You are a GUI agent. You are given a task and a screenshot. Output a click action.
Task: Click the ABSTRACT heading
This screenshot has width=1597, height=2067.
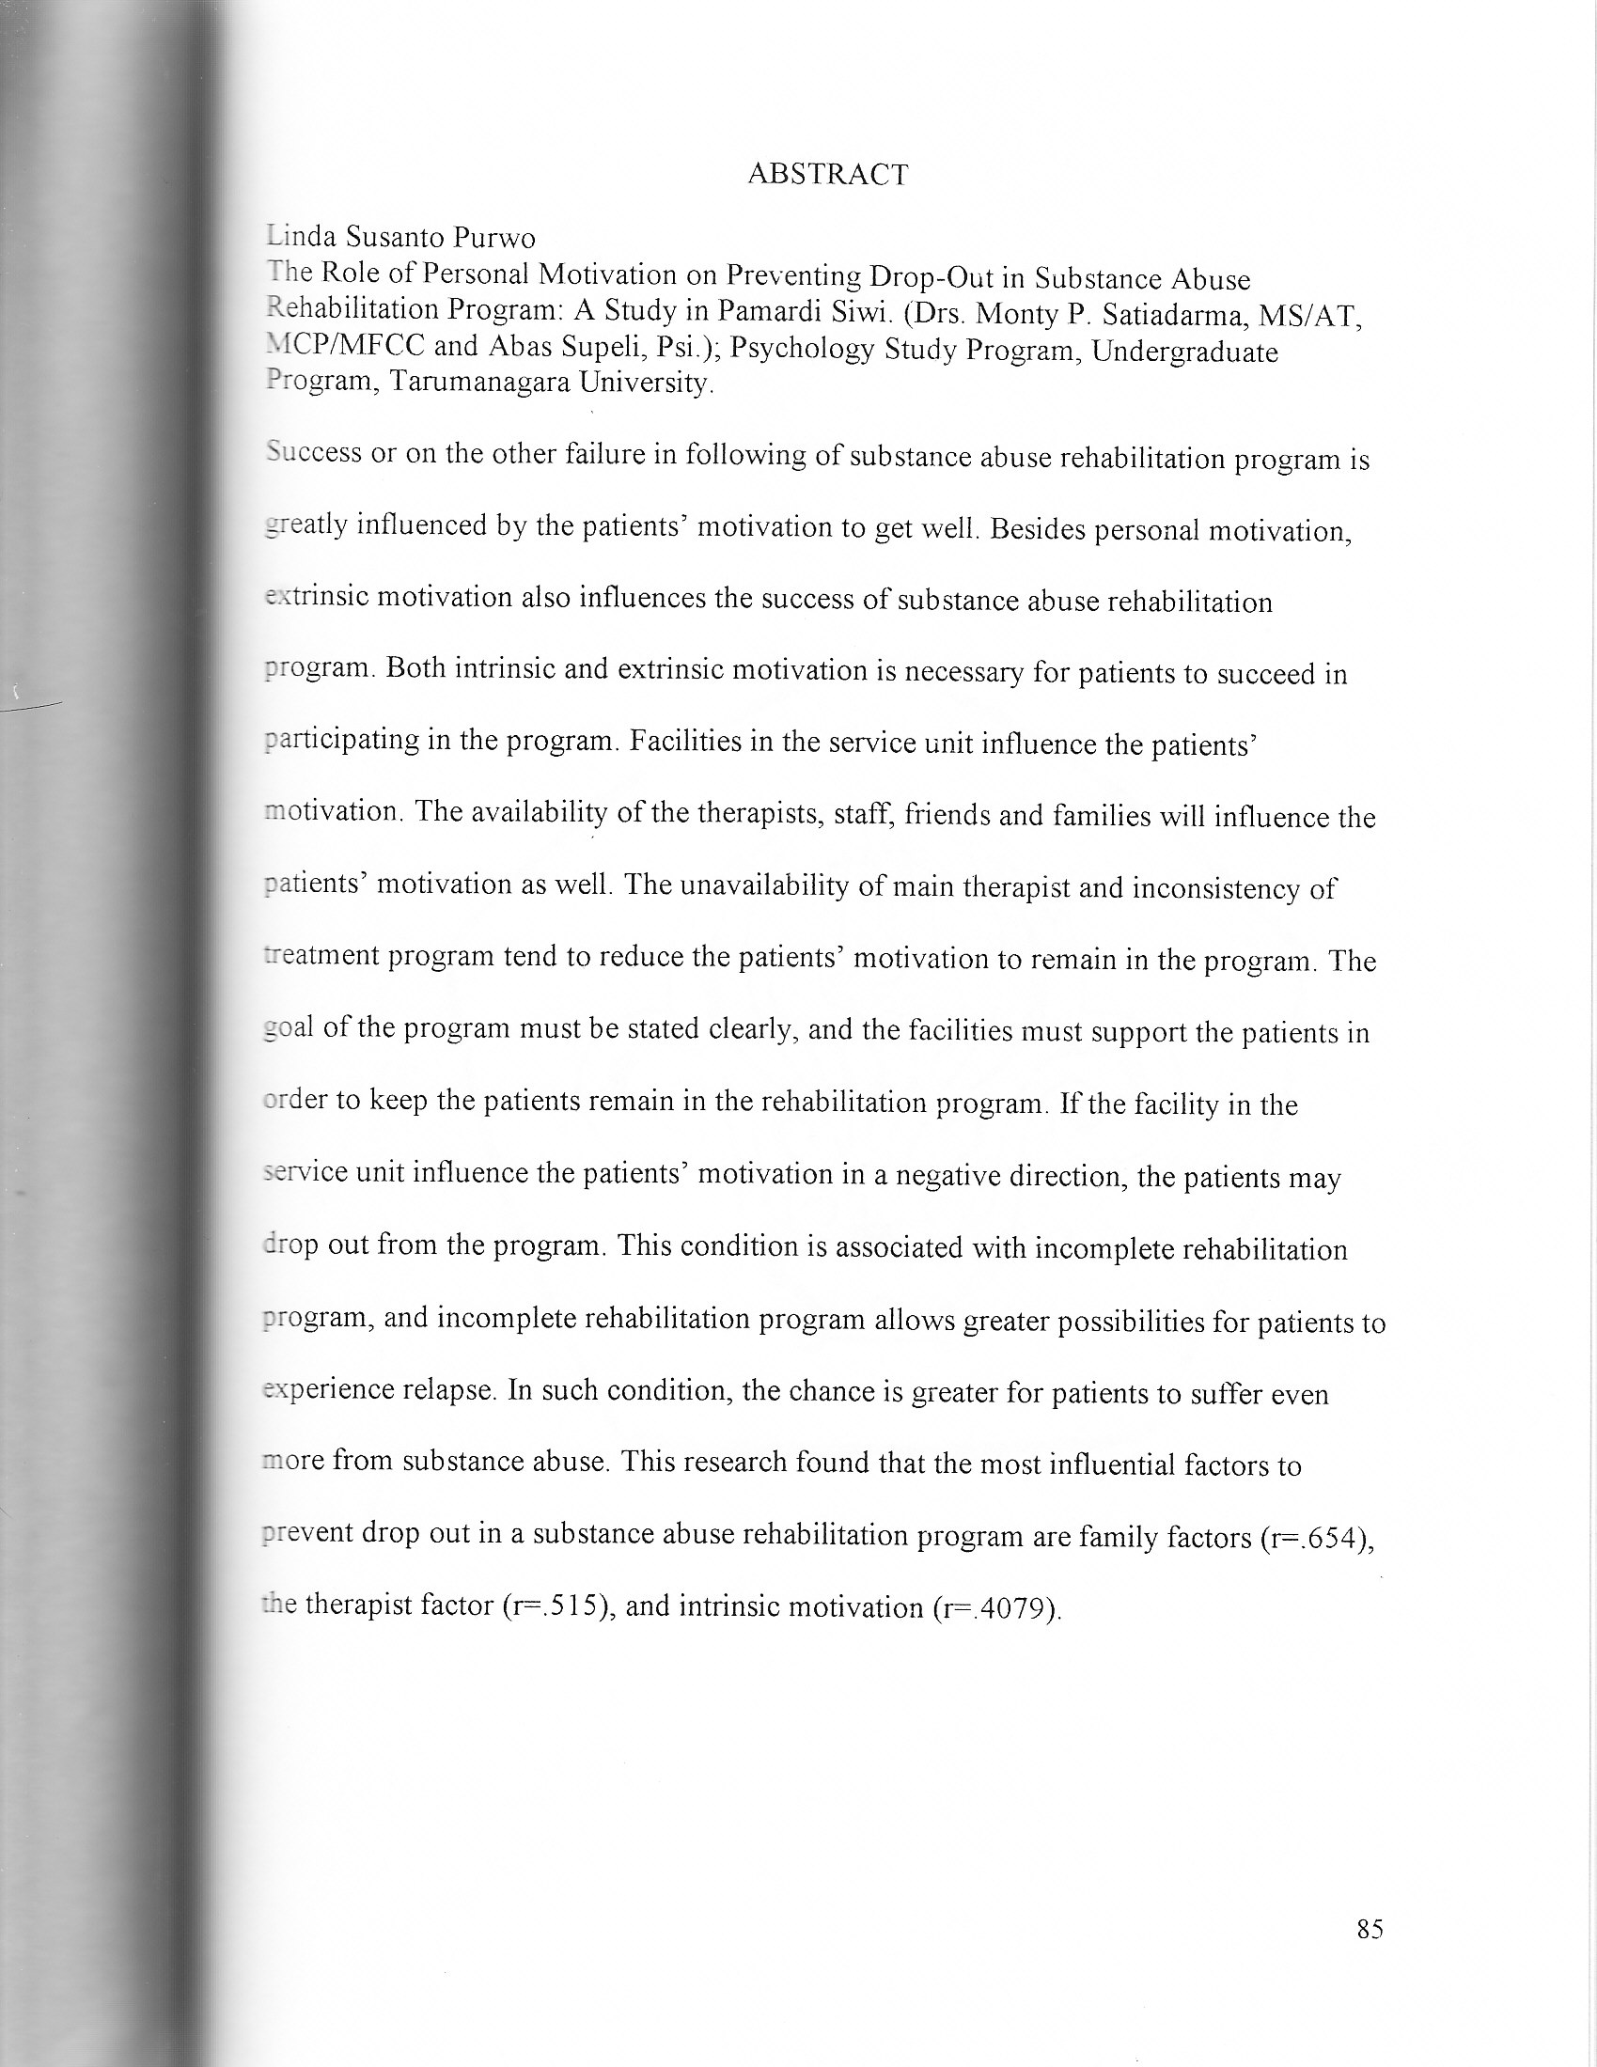(827, 174)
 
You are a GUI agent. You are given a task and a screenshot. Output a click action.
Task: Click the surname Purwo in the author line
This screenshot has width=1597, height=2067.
(495, 238)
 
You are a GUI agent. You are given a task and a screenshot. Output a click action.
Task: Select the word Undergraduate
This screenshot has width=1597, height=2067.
(1184, 352)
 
